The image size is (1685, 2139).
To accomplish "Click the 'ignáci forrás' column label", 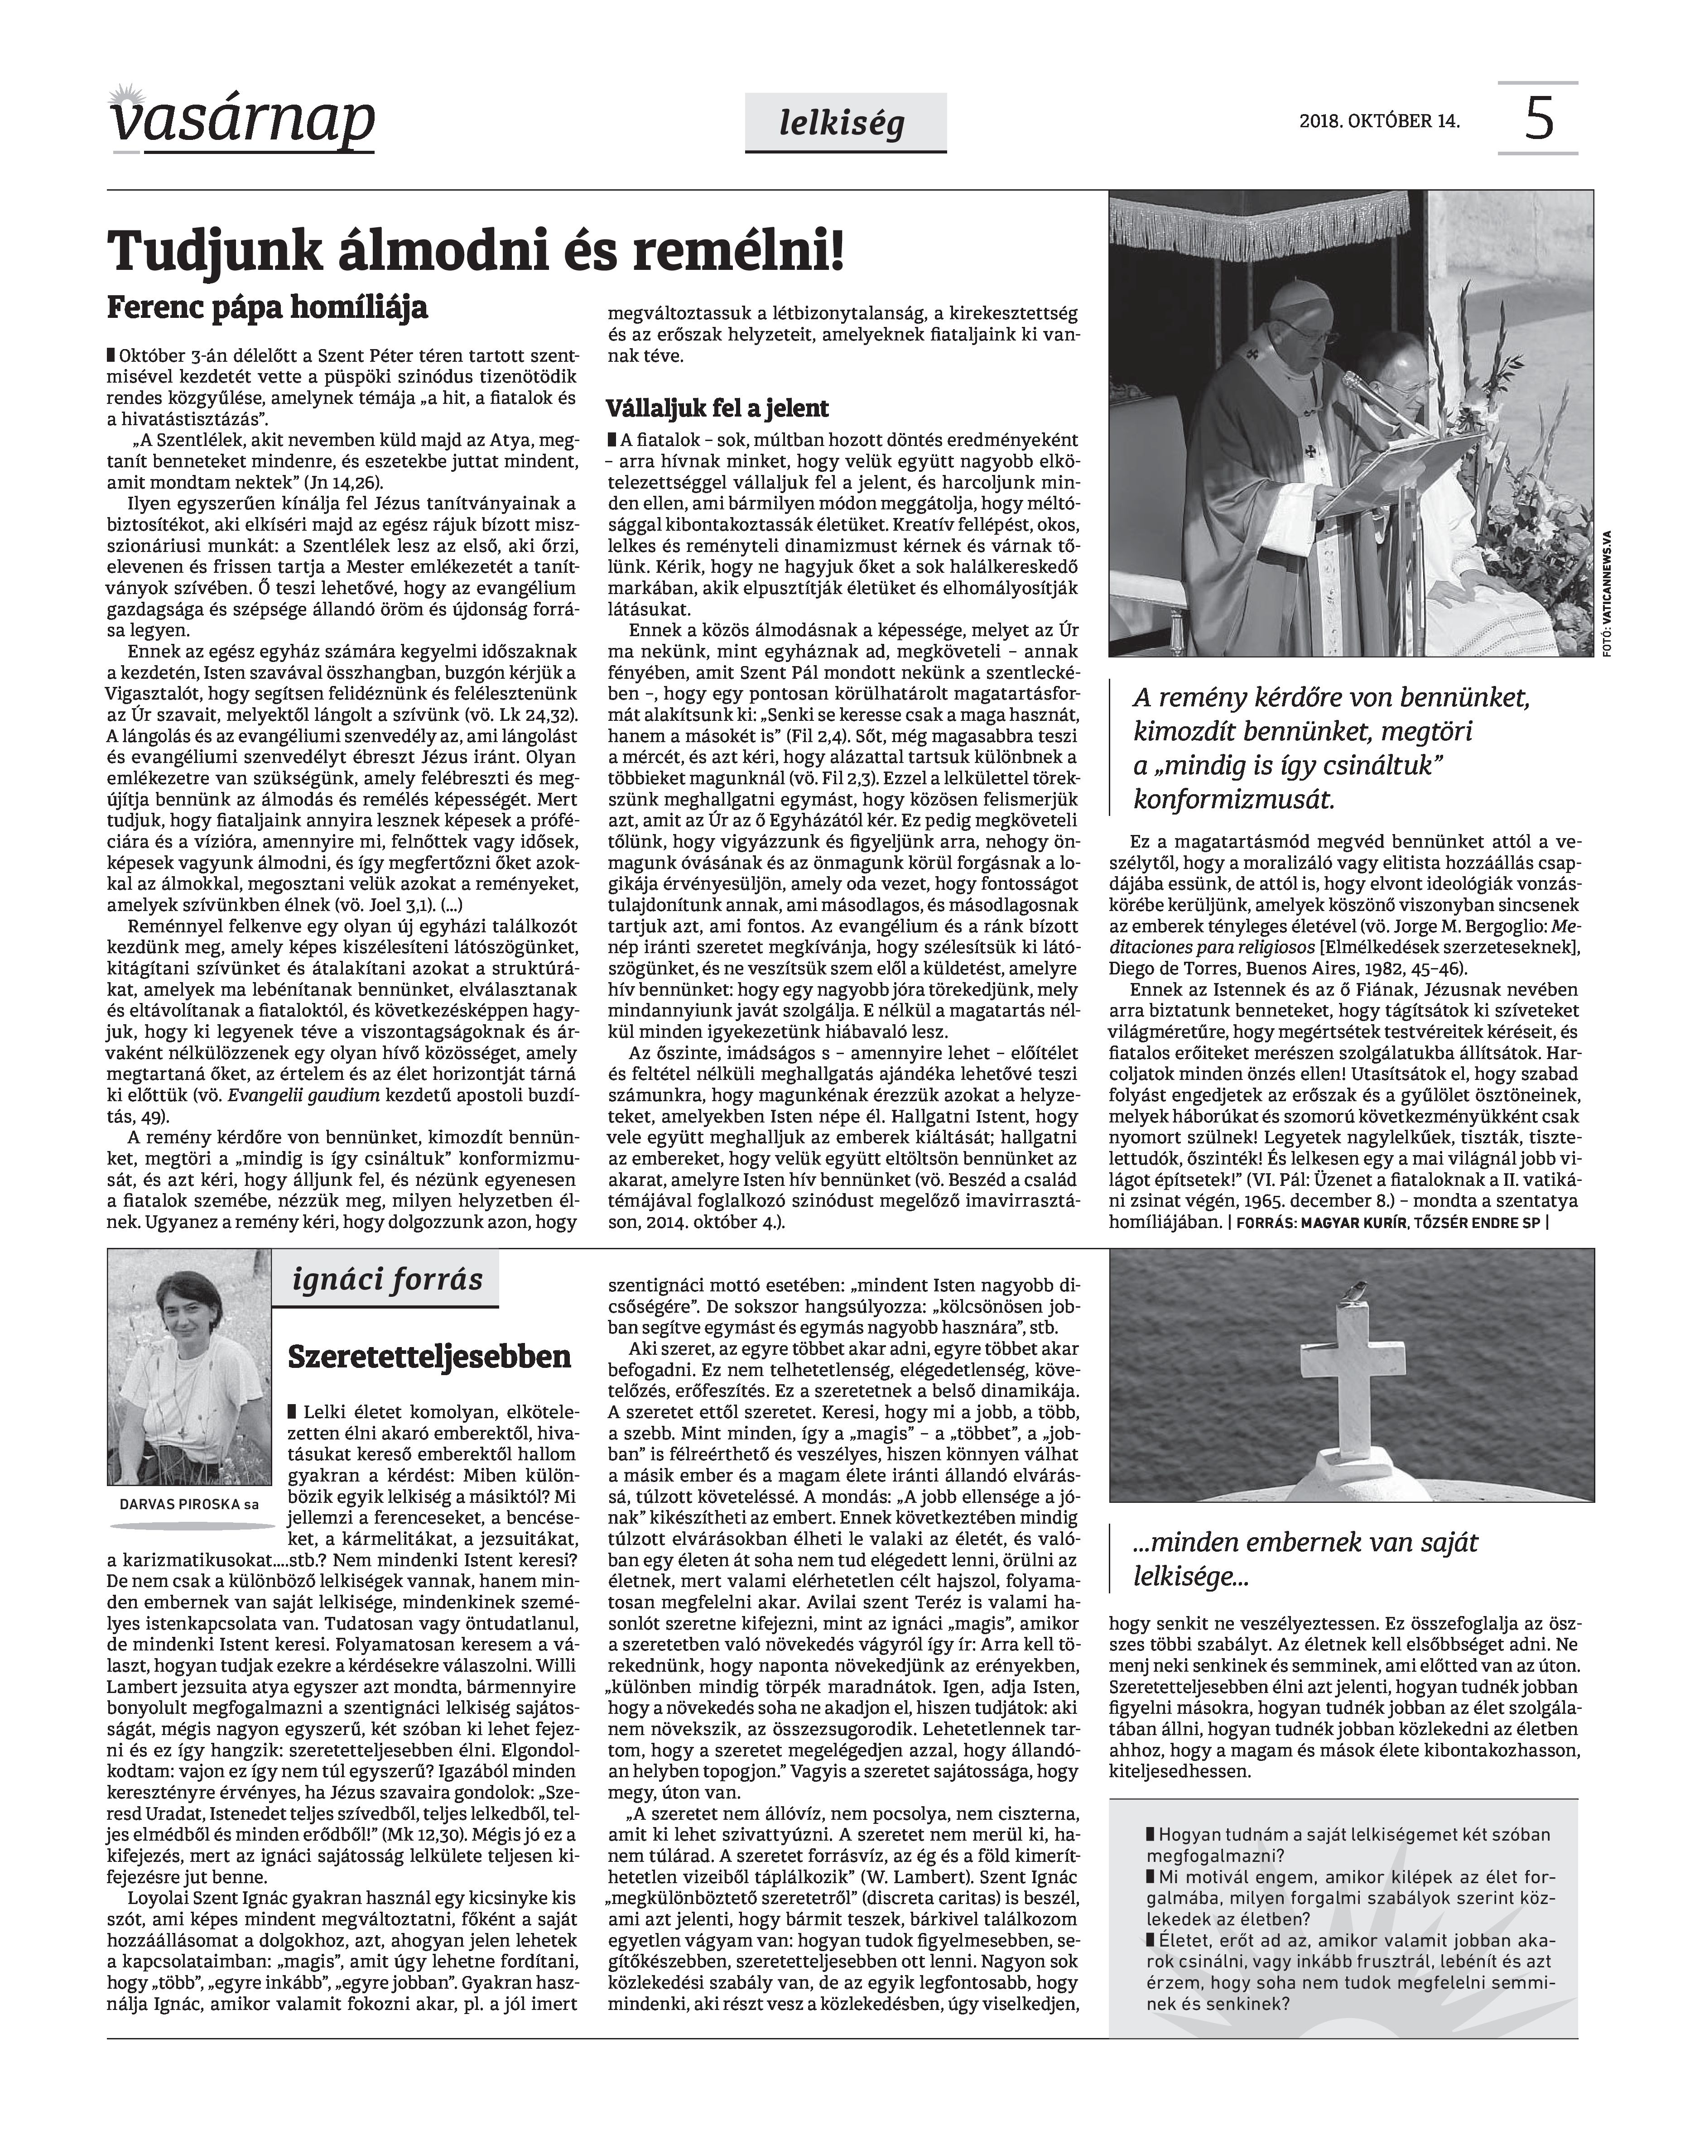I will pyautogui.click(x=388, y=1280).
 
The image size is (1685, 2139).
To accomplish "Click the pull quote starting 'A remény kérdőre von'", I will pyautogui.click(x=1332, y=747).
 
